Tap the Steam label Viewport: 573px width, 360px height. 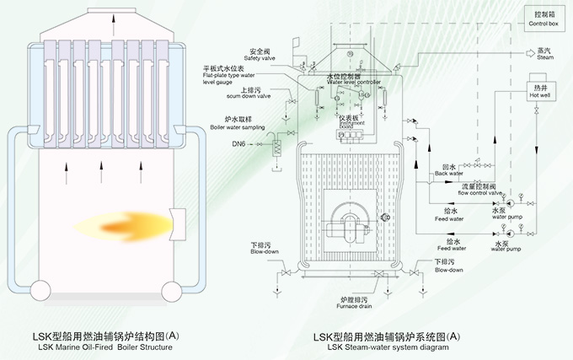coord(544,55)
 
